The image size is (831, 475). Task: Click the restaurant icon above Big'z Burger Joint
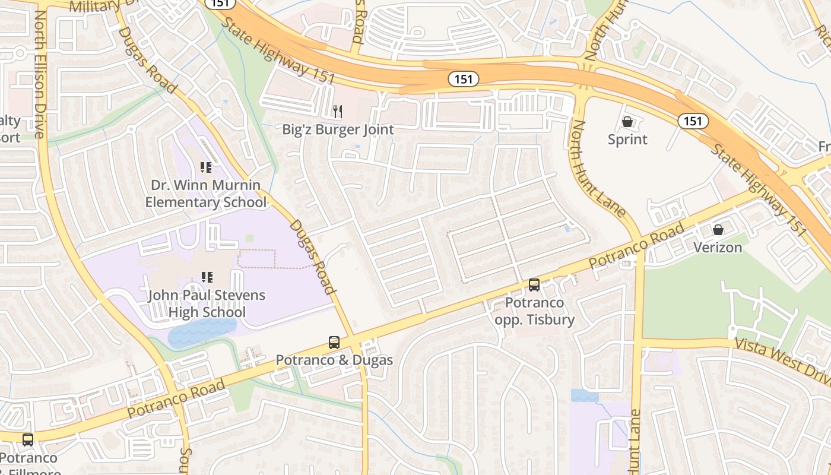[338, 111]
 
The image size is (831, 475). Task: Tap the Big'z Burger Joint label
[338, 129]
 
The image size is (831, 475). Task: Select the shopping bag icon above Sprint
[627, 122]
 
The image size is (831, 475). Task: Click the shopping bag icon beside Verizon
[718, 230]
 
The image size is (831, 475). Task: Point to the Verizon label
[718, 247]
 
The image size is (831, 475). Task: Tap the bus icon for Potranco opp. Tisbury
[534, 285]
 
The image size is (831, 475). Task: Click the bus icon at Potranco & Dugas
[334, 343]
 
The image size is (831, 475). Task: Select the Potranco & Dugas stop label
[334, 360]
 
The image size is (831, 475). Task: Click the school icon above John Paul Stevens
[207, 277]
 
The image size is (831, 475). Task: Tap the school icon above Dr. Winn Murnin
[206, 168]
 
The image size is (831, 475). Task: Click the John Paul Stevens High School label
[207, 303]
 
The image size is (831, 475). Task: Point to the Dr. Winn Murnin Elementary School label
[206, 194]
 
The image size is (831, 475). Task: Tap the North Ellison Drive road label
[40, 74]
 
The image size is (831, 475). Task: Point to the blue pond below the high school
[202, 332]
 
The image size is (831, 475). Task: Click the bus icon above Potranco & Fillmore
[28, 440]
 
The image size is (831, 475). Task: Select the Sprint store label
[627, 140]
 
